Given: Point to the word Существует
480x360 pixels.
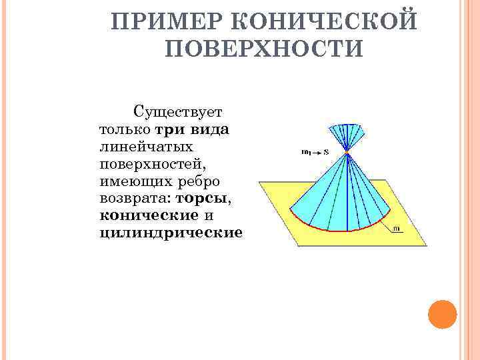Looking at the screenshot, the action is pyautogui.click(x=180, y=111).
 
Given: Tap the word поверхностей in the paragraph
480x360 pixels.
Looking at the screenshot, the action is pyautogui.click(x=151, y=163).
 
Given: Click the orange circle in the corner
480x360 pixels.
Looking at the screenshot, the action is pyautogui.click(x=442, y=314).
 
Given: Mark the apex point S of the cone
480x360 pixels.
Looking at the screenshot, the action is pyautogui.click(x=347, y=154).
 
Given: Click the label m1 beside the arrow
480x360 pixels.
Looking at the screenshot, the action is pyautogui.click(x=306, y=153).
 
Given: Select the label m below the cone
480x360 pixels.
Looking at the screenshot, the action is pyautogui.click(x=397, y=229).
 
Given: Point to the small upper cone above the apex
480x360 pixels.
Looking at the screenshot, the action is pyautogui.click(x=347, y=135).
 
